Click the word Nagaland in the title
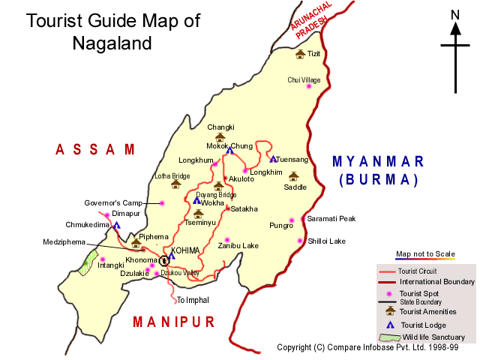[112, 43]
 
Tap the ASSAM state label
[95, 149]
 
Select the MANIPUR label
[173, 322]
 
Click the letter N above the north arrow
[454, 14]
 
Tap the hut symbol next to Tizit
[300, 54]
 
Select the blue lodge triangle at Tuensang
[272, 158]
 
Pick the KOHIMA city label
[185, 250]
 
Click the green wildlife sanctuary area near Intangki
[90, 261]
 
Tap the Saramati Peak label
[331, 219]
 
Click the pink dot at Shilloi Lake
[301, 241]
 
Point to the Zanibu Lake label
[238, 245]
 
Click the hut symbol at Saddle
[293, 177]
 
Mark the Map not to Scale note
[425, 253]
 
